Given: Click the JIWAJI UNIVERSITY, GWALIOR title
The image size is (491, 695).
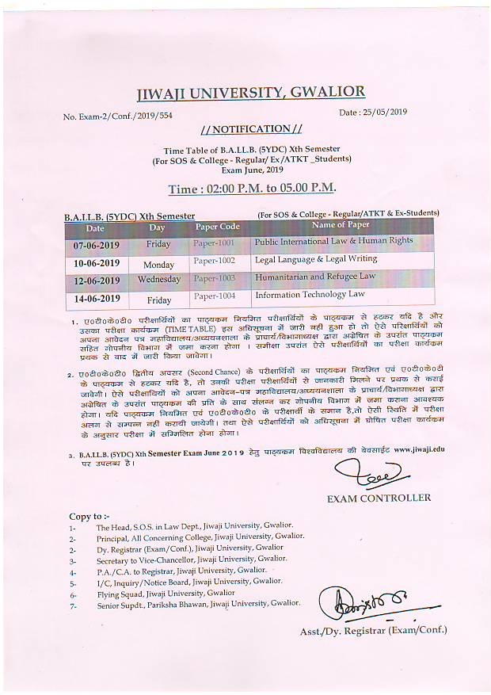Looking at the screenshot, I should click(x=250, y=94).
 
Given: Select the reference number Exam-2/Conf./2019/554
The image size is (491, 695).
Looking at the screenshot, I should click(x=117, y=116).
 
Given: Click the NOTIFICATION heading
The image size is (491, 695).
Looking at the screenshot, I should click(x=251, y=129).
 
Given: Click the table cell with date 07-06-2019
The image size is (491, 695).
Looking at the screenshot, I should click(x=97, y=244).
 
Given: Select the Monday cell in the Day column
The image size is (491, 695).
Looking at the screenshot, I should click(x=158, y=264).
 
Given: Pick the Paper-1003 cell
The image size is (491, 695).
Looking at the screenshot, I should click(x=215, y=279).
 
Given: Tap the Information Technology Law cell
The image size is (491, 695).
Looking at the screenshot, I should click(x=310, y=295).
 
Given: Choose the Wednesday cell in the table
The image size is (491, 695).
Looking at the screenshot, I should click(x=158, y=280).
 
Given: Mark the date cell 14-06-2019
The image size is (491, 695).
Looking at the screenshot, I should click(x=97, y=300).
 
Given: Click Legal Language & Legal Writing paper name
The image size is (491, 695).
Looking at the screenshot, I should click(x=315, y=260).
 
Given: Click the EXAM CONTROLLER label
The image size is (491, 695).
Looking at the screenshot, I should click(x=379, y=498).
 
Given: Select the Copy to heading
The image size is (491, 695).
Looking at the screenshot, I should click(x=86, y=517).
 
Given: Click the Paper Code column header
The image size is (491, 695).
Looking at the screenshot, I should click(x=217, y=227).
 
